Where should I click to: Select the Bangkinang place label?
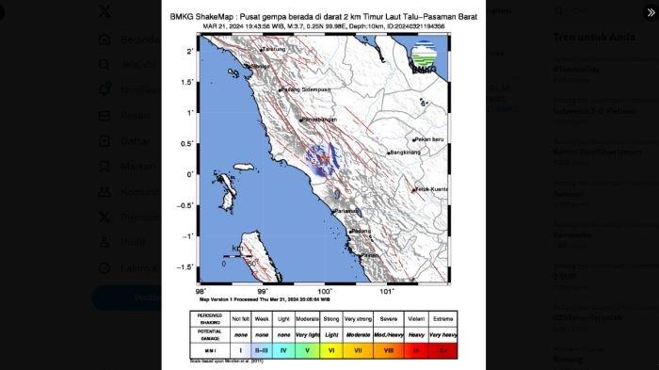tap(404, 153)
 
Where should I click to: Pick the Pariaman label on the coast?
tap(347, 211)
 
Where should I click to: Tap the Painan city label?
tap(369, 254)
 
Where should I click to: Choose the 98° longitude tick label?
tap(201, 291)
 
